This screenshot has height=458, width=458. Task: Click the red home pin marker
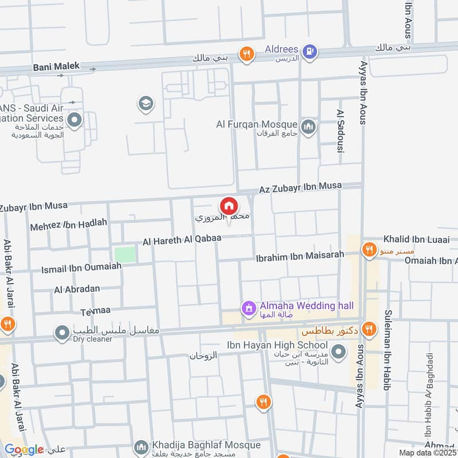pyautogui.click(x=228, y=206)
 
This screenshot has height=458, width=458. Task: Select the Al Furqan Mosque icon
pyautogui.click(x=309, y=126)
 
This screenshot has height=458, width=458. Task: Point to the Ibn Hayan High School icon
pyautogui.click(x=339, y=351)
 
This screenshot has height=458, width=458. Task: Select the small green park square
pyautogui.click(x=125, y=254)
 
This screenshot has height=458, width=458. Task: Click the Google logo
pyautogui.click(x=23, y=450)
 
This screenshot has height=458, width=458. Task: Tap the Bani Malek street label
pyautogui.click(x=56, y=67)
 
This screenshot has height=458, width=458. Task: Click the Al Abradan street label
pyautogui.click(x=77, y=289)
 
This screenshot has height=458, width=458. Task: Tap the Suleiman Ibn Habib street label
pyautogui.click(x=388, y=350)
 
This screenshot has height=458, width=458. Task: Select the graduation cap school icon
pyautogui.click(x=145, y=104)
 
